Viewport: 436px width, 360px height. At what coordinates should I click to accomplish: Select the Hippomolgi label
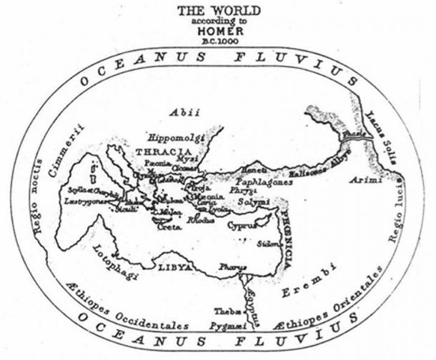click(176, 136)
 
